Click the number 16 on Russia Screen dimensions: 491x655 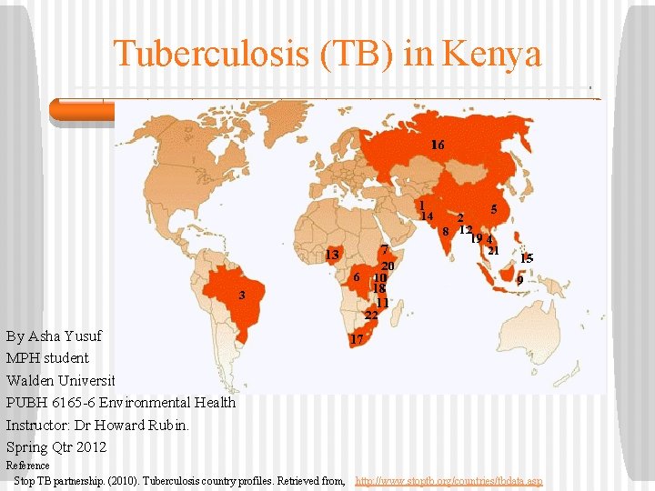(x=438, y=145)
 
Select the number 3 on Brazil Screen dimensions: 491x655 (x=242, y=295)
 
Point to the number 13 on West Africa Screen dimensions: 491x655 (x=332, y=254)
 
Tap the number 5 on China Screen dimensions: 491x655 (x=493, y=209)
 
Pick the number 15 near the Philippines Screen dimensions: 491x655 (x=526, y=259)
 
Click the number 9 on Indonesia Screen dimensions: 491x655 (x=519, y=281)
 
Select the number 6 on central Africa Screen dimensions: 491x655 (x=358, y=276)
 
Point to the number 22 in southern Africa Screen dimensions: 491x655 (x=371, y=316)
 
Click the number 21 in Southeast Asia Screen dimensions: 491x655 (x=494, y=251)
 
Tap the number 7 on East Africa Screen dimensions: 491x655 (x=386, y=249)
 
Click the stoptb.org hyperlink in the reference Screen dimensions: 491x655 (x=448, y=480)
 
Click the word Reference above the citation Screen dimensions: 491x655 (x=28, y=466)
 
